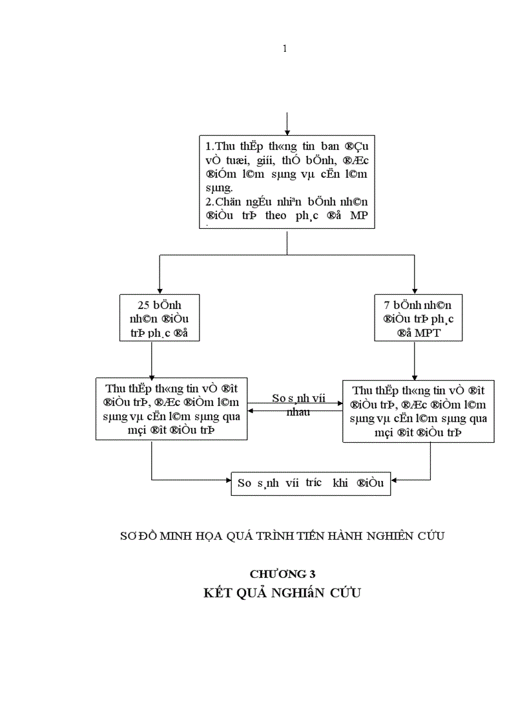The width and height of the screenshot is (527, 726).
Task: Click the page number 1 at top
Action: coord(285,49)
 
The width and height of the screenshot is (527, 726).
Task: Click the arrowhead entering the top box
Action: coord(287,132)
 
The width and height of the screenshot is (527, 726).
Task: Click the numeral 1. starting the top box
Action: coord(209,145)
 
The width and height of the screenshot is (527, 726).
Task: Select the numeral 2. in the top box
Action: coord(209,202)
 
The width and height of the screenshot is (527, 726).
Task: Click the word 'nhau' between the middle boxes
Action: coord(298,412)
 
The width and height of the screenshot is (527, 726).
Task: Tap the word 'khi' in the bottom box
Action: coord(340,483)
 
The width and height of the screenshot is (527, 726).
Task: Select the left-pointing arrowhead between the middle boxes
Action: coord(252,411)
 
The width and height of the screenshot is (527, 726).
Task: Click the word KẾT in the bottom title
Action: coord(218,593)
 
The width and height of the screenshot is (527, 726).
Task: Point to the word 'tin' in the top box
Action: coord(309,145)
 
